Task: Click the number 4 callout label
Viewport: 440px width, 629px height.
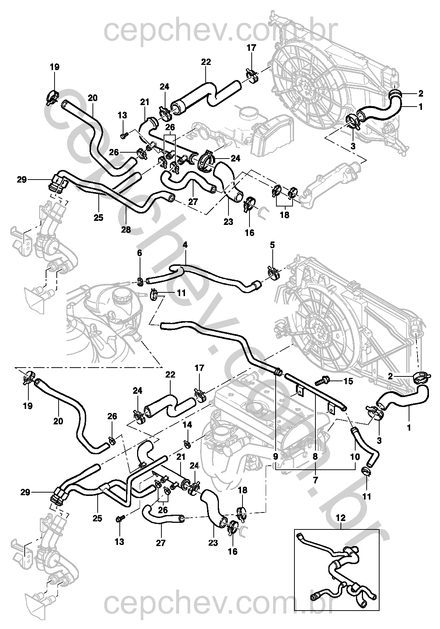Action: click(185, 245)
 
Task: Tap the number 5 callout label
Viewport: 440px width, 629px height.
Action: click(272, 245)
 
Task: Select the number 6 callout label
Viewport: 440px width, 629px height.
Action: click(140, 253)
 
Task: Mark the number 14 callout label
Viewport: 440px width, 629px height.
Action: click(188, 425)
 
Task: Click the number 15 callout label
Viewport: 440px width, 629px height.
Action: click(348, 381)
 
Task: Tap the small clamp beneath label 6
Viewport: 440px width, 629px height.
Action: click(140, 281)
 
